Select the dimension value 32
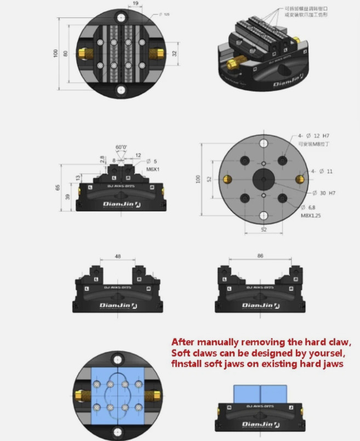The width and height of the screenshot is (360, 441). tap(175, 54)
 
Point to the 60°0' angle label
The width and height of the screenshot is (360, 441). tap(121, 148)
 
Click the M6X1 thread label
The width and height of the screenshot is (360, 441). tap(152, 169)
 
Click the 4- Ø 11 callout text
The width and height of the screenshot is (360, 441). tap(322, 171)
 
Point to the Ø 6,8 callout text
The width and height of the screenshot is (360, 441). tap(308, 208)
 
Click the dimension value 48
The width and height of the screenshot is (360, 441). tap(118, 256)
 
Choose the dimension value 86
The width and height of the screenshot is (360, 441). tap(260, 256)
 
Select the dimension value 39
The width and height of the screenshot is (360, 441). tap(67, 197)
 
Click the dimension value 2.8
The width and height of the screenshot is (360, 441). tap(102, 159)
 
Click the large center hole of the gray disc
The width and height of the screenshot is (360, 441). tap(264, 179)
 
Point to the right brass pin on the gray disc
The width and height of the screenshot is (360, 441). tap(300, 179)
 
